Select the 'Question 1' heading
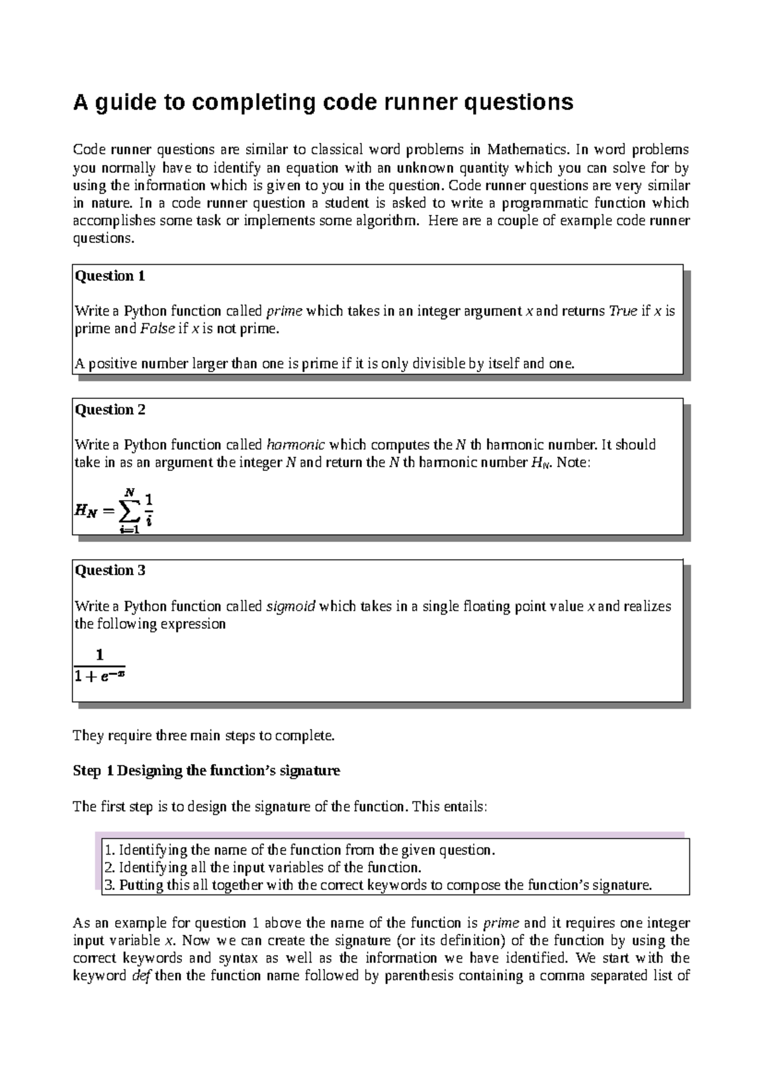[x=110, y=276]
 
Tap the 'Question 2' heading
[x=110, y=410]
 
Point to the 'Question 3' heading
[x=110, y=571]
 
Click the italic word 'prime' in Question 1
[x=284, y=311]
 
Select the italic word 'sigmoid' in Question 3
[x=291, y=606]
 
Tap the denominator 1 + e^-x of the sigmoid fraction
[x=99, y=677]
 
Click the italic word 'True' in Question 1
[x=623, y=311]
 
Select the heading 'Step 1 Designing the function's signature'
[x=207, y=771]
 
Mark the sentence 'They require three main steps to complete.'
[x=203, y=736]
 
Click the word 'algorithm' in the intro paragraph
[x=394, y=221]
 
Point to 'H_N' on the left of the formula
[x=86, y=510]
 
